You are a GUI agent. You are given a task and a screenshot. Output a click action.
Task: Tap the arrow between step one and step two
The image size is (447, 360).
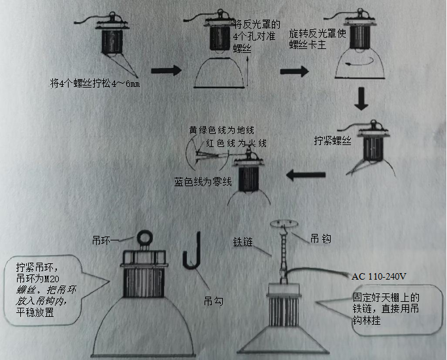[165, 71]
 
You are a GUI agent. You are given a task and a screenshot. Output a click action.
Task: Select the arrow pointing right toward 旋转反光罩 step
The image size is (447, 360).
[295, 71]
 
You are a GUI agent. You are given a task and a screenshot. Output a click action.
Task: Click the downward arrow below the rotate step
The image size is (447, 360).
[360, 99]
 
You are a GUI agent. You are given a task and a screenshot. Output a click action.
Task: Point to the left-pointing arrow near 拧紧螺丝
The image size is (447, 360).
[307, 174]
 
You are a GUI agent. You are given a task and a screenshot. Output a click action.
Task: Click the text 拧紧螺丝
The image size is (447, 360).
[333, 140]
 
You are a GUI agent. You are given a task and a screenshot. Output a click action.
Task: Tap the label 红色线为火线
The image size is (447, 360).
[236, 143]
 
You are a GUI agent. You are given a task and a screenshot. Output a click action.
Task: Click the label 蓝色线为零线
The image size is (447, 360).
[203, 182]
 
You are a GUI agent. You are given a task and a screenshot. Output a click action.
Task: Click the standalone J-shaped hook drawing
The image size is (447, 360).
[192, 251]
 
